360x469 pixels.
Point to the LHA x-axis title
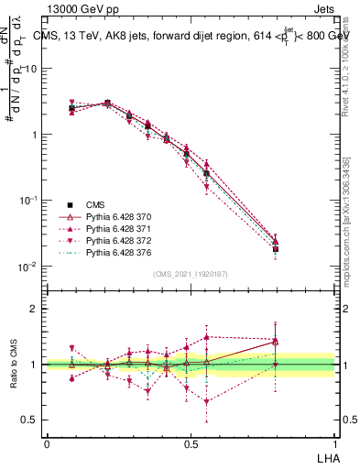click(327, 457)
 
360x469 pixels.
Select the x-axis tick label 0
click(47, 442)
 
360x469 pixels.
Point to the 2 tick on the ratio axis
click(34, 309)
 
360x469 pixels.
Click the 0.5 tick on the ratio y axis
click(30, 420)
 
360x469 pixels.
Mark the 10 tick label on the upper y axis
click(29, 69)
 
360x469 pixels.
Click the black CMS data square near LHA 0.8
click(276, 249)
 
